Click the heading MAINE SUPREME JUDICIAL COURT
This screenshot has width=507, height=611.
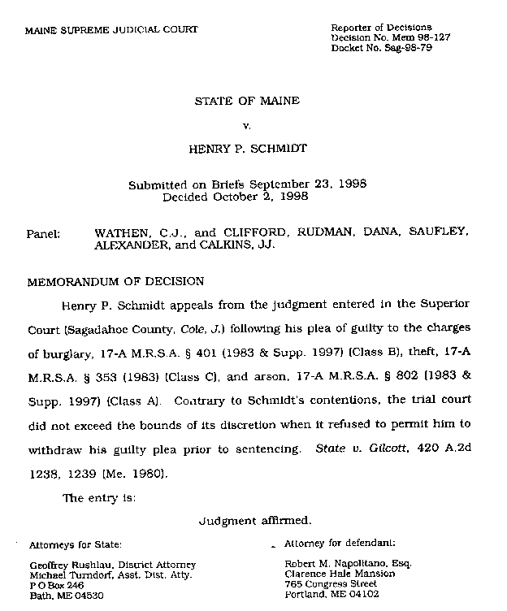click(x=111, y=30)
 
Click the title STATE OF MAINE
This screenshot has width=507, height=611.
click(x=247, y=102)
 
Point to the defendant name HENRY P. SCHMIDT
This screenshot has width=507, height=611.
click(x=247, y=150)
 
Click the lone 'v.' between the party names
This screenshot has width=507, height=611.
click(x=247, y=126)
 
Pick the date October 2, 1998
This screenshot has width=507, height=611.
click(x=271, y=197)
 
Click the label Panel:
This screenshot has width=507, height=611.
click(x=44, y=233)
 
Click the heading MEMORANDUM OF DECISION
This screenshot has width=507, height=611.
click(x=116, y=282)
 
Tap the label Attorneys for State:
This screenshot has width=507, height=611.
click(x=76, y=544)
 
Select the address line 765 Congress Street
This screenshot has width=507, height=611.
click(x=331, y=583)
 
